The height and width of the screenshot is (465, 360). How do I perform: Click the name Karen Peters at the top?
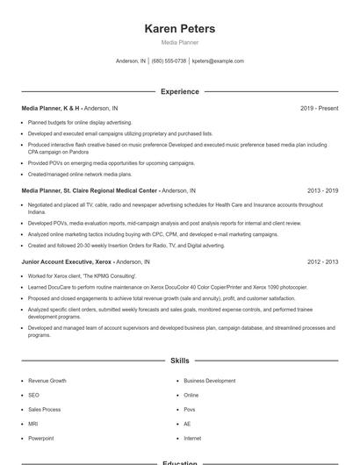(180, 28)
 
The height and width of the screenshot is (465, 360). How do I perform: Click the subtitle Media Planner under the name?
(180, 42)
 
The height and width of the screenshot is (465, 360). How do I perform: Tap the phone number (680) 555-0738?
(169, 61)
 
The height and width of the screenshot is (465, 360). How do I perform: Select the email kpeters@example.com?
(218, 61)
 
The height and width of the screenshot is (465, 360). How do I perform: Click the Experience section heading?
(180, 91)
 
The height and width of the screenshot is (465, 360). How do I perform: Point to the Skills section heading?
(180, 361)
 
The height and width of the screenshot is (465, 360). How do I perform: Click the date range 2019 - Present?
(319, 108)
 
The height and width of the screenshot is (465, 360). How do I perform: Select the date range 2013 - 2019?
(323, 190)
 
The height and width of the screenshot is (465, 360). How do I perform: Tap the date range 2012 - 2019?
(323, 261)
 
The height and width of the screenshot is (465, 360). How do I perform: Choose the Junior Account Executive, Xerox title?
(67, 261)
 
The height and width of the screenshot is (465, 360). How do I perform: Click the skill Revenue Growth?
(47, 381)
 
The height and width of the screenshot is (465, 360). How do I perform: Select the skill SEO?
(33, 395)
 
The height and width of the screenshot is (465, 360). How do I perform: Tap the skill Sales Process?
(44, 409)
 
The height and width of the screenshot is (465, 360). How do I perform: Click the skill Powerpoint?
(40, 438)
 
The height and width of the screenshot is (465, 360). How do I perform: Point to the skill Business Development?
(209, 381)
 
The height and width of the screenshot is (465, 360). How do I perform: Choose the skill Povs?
(190, 409)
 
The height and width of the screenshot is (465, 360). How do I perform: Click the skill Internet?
(192, 438)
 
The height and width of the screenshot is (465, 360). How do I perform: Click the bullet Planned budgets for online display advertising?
(80, 122)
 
